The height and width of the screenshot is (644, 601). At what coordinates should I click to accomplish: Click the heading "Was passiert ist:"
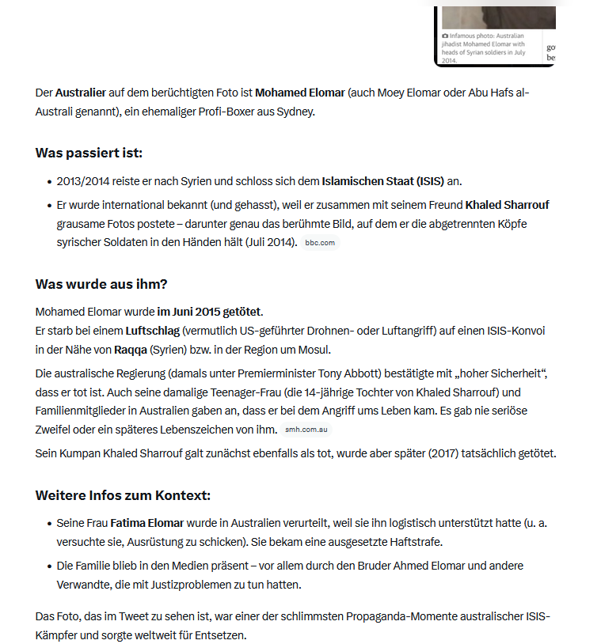[x=89, y=153]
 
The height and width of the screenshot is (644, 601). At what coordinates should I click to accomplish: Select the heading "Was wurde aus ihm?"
[x=101, y=284]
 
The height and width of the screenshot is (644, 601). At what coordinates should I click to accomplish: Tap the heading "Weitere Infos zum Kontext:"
[x=123, y=496]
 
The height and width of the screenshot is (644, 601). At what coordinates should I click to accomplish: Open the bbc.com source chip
[x=320, y=243]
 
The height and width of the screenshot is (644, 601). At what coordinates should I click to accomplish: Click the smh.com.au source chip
[x=306, y=430]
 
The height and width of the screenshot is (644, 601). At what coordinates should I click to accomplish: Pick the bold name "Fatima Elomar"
[x=147, y=523]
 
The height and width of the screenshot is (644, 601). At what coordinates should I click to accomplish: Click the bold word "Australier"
[x=82, y=93]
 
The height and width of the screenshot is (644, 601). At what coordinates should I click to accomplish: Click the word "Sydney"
[x=295, y=112]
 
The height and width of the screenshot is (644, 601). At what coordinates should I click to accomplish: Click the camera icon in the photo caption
[x=445, y=36]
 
